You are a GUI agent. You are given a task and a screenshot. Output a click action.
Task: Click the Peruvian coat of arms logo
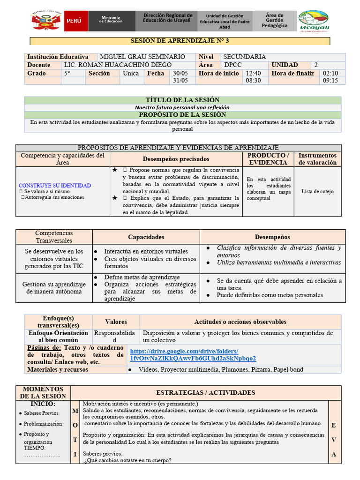coord(46,21)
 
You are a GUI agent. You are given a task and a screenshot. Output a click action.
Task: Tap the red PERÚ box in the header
coord(74,22)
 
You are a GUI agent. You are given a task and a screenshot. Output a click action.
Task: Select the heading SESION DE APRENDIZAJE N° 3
coord(180,41)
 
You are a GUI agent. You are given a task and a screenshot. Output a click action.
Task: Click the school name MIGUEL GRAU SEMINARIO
coord(142,57)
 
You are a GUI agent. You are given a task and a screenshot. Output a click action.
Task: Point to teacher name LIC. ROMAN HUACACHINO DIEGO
coord(118,65)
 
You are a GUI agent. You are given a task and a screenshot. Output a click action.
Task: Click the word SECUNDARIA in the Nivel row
coord(245,57)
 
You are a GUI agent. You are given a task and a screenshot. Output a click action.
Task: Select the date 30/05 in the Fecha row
coord(180,73)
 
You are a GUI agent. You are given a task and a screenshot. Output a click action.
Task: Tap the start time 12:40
coord(253,73)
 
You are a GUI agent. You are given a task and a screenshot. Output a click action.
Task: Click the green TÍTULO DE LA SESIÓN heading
coord(176,100)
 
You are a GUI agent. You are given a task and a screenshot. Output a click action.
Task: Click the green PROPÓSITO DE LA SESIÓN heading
coord(176,115)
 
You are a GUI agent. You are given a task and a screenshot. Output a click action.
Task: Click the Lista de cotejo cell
coord(317,191)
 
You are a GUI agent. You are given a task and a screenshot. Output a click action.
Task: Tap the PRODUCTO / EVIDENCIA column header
coord(268,159)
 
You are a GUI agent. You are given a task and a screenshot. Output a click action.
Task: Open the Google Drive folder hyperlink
coord(193,355)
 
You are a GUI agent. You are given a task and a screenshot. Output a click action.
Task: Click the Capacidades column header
coord(146,237)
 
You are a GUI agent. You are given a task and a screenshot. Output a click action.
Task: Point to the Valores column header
coord(116,322)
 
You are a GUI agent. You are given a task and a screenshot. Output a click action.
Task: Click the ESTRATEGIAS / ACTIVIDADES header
coord(205,392)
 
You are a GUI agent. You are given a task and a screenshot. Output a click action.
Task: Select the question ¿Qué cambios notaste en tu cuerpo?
coord(128,460)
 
